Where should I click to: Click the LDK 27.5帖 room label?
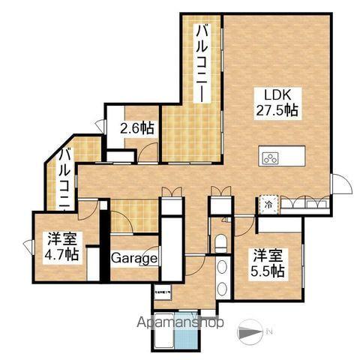[x=280, y=102]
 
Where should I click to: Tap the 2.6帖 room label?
[x=137, y=127]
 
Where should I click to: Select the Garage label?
[x=135, y=259]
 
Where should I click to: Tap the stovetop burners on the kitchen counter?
[x=271, y=157]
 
